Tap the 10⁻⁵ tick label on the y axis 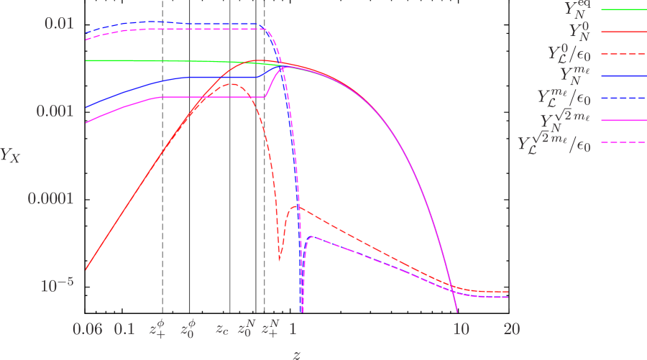click(x=57, y=285)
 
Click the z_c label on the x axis click(x=223, y=330)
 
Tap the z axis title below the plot click(x=297, y=354)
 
